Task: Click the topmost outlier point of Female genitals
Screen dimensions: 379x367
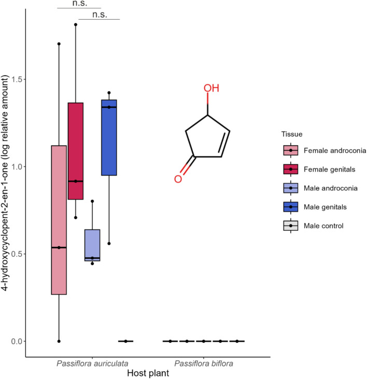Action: coord(76,24)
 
